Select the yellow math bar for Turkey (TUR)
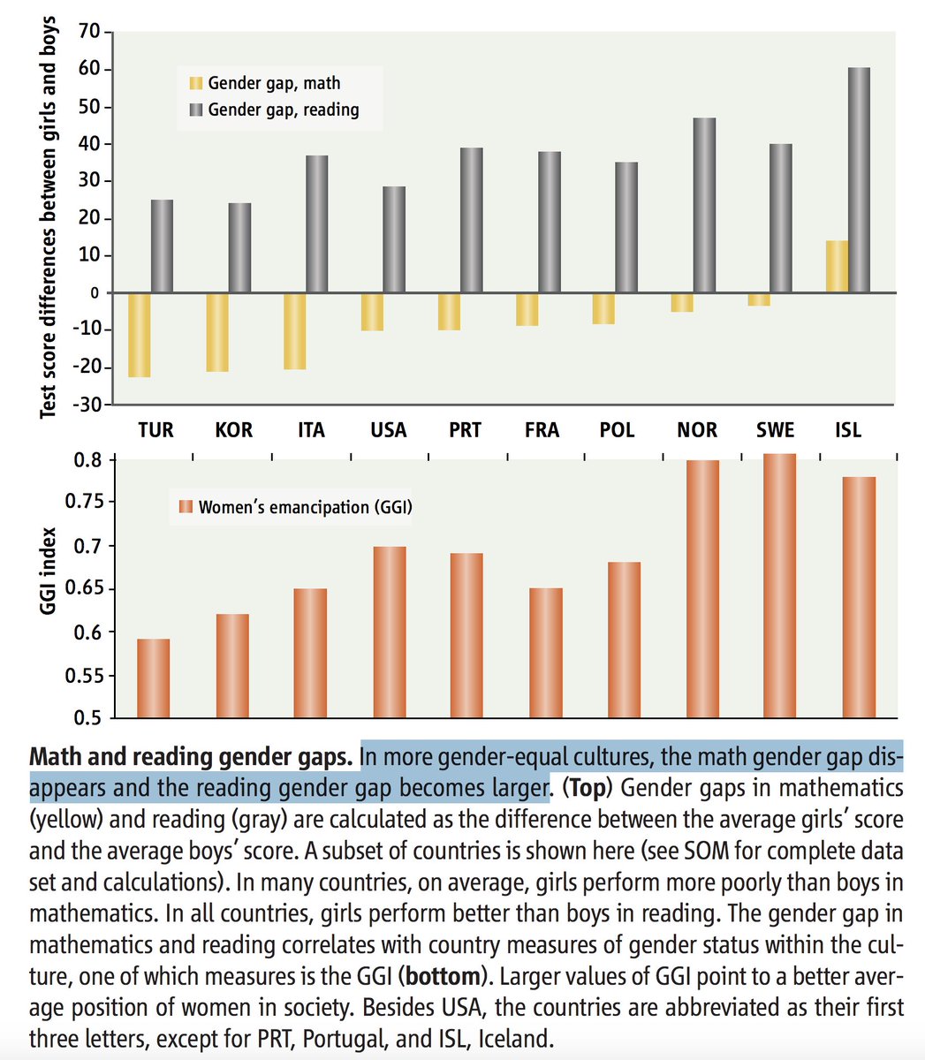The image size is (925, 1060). point(140,335)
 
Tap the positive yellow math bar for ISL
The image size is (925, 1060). point(836,267)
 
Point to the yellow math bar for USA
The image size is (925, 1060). point(373,312)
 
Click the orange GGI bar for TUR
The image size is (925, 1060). point(154,678)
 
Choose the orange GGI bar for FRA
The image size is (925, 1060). point(546,653)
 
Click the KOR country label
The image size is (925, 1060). point(233,430)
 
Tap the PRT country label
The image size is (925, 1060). point(465,430)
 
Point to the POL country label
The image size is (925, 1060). point(617,430)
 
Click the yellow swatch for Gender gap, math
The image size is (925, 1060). point(195,83)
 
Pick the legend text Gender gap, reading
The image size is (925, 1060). point(283,110)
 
